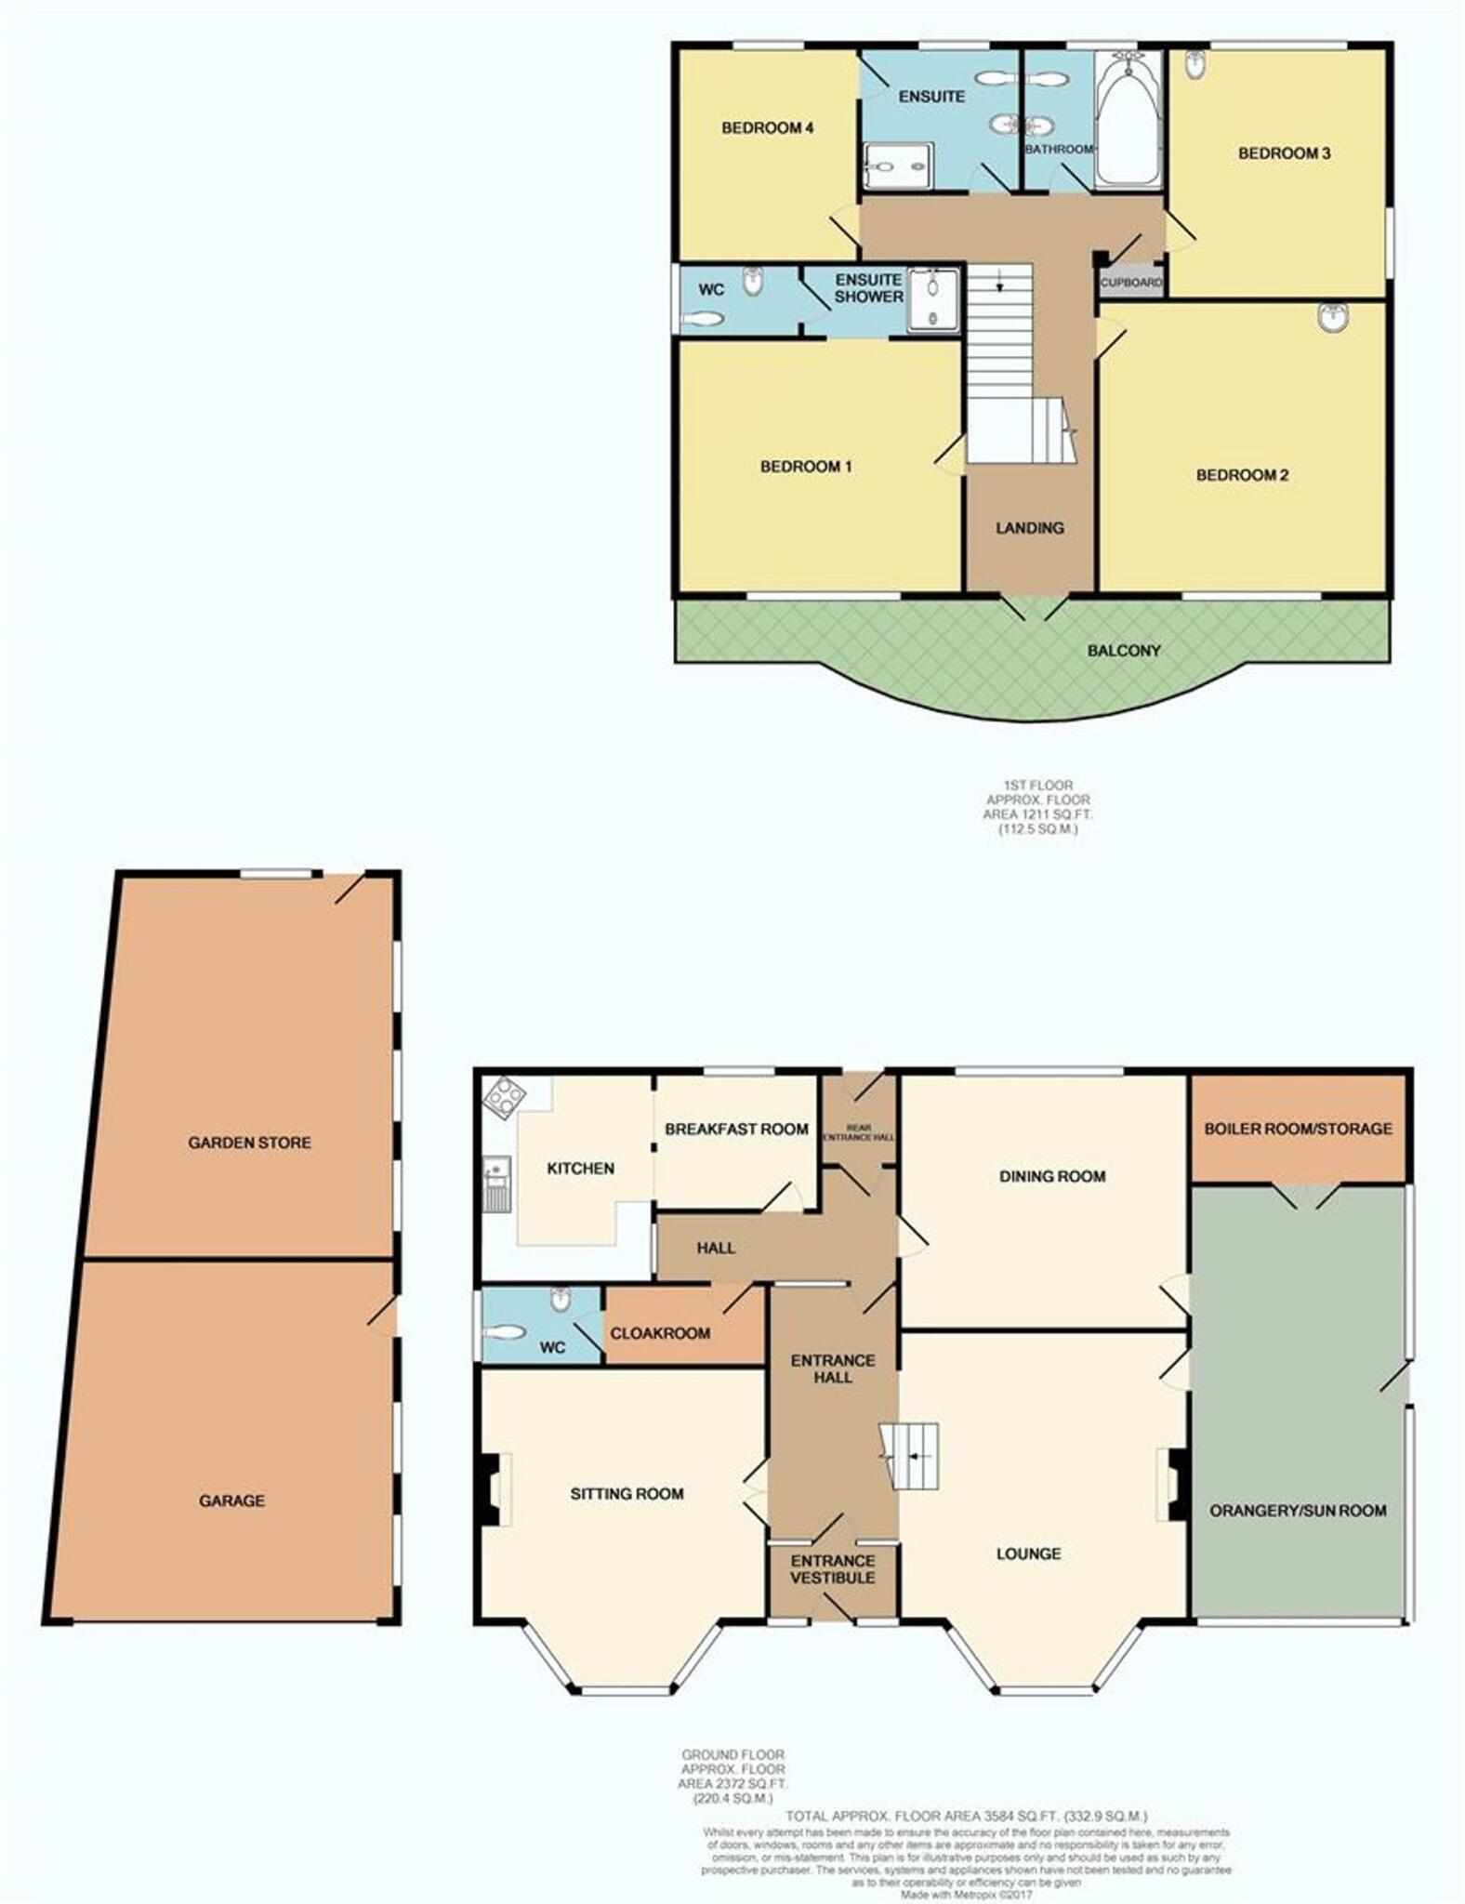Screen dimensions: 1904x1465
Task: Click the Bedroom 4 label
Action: (x=768, y=128)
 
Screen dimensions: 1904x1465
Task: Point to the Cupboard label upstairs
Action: (x=1131, y=282)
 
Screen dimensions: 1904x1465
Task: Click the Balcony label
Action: (x=1124, y=651)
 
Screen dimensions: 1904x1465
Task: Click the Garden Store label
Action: (x=249, y=1143)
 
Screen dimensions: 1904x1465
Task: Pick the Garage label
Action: (x=231, y=1500)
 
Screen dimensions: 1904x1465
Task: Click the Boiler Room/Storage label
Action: (x=1298, y=1129)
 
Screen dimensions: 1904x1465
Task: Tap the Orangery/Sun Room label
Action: (x=1298, y=1511)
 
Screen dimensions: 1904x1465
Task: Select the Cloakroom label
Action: (x=660, y=1333)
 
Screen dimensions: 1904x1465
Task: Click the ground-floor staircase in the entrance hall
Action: (x=911, y=1456)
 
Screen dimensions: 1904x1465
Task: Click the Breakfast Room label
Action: (x=736, y=1129)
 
